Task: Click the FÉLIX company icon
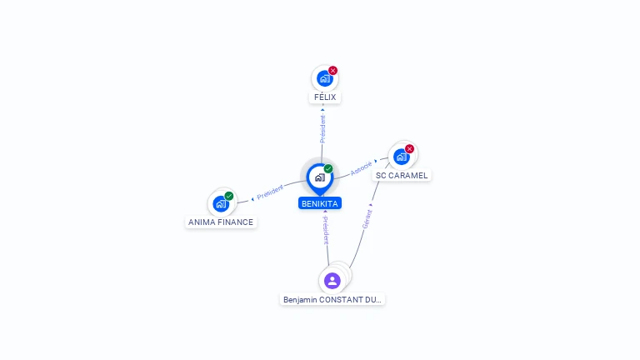[x=324, y=78]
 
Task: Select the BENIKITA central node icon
[x=319, y=177]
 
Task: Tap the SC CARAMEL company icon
[x=402, y=157]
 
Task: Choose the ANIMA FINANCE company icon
[x=221, y=203]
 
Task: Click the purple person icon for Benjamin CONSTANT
[x=332, y=280]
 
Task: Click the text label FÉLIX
[x=325, y=97]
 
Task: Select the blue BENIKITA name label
[x=320, y=203]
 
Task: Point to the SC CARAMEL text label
[x=402, y=176]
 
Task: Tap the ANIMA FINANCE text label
[x=221, y=222]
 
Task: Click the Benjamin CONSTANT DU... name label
[x=332, y=299]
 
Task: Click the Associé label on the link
[x=361, y=168]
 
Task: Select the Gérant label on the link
[x=367, y=216]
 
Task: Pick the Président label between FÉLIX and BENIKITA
[x=322, y=126]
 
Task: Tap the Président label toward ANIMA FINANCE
[x=270, y=192]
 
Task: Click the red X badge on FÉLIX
[x=333, y=71]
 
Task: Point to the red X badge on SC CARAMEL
[x=409, y=148]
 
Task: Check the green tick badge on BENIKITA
[x=328, y=169]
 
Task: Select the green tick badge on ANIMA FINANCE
[x=229, y=196]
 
